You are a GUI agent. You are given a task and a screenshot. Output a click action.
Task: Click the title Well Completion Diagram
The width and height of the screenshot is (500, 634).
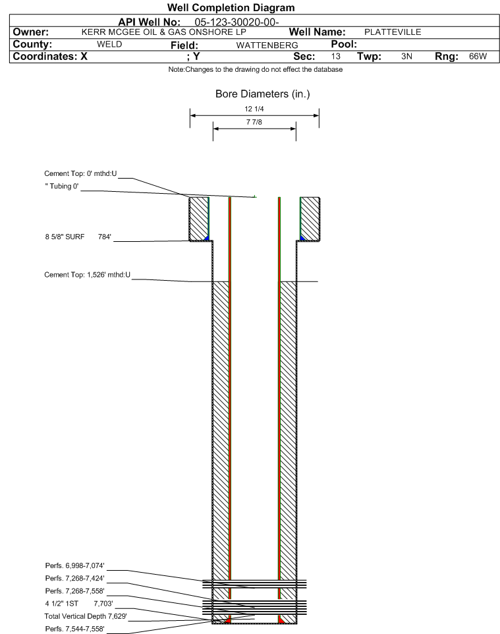coord(231,8)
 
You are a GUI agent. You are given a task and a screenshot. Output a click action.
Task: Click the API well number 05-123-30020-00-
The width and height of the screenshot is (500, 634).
coord(237,22)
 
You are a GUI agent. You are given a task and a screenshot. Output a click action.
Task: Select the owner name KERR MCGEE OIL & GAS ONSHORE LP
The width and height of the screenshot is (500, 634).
coord(164,32)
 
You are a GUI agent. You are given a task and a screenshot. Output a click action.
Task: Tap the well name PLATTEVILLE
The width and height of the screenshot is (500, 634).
coord(393,32)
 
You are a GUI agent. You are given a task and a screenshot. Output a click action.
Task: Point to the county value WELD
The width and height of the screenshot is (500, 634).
coord(109,44)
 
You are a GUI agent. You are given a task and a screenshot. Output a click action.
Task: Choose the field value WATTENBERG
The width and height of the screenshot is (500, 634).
coord(267,45)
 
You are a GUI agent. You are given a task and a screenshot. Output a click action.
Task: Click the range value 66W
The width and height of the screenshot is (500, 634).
coord(478,56)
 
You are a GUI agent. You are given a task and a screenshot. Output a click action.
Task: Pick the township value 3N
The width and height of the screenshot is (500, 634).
coord(406,56)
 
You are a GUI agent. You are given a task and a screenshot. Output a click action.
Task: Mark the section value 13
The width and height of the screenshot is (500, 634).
coord(335,56)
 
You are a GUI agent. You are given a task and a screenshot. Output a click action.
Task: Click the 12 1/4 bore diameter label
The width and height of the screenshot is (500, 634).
coord(254,109)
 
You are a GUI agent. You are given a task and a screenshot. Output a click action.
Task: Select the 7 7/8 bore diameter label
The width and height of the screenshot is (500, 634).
coord(254,122)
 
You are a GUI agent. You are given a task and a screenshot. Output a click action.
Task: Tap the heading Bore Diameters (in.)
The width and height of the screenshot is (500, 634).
coord(262,94)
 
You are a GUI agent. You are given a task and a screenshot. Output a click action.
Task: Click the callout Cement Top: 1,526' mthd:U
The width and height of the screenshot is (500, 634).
coord(88,275)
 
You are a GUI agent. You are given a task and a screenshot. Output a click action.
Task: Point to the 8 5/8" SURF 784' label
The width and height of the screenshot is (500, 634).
coord(78,237)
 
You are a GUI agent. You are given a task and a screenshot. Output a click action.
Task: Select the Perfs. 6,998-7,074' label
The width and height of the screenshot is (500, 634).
coord(75,565)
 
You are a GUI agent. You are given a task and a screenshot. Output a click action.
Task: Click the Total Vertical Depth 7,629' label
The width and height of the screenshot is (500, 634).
coord(86,616)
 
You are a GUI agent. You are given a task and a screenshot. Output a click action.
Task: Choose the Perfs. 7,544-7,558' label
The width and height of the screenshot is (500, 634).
coord(75,629)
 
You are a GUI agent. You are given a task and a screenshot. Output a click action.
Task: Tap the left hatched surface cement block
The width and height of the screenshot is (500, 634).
coord(199,219)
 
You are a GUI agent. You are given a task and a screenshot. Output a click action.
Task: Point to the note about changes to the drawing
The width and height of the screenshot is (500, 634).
coord(256,70)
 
